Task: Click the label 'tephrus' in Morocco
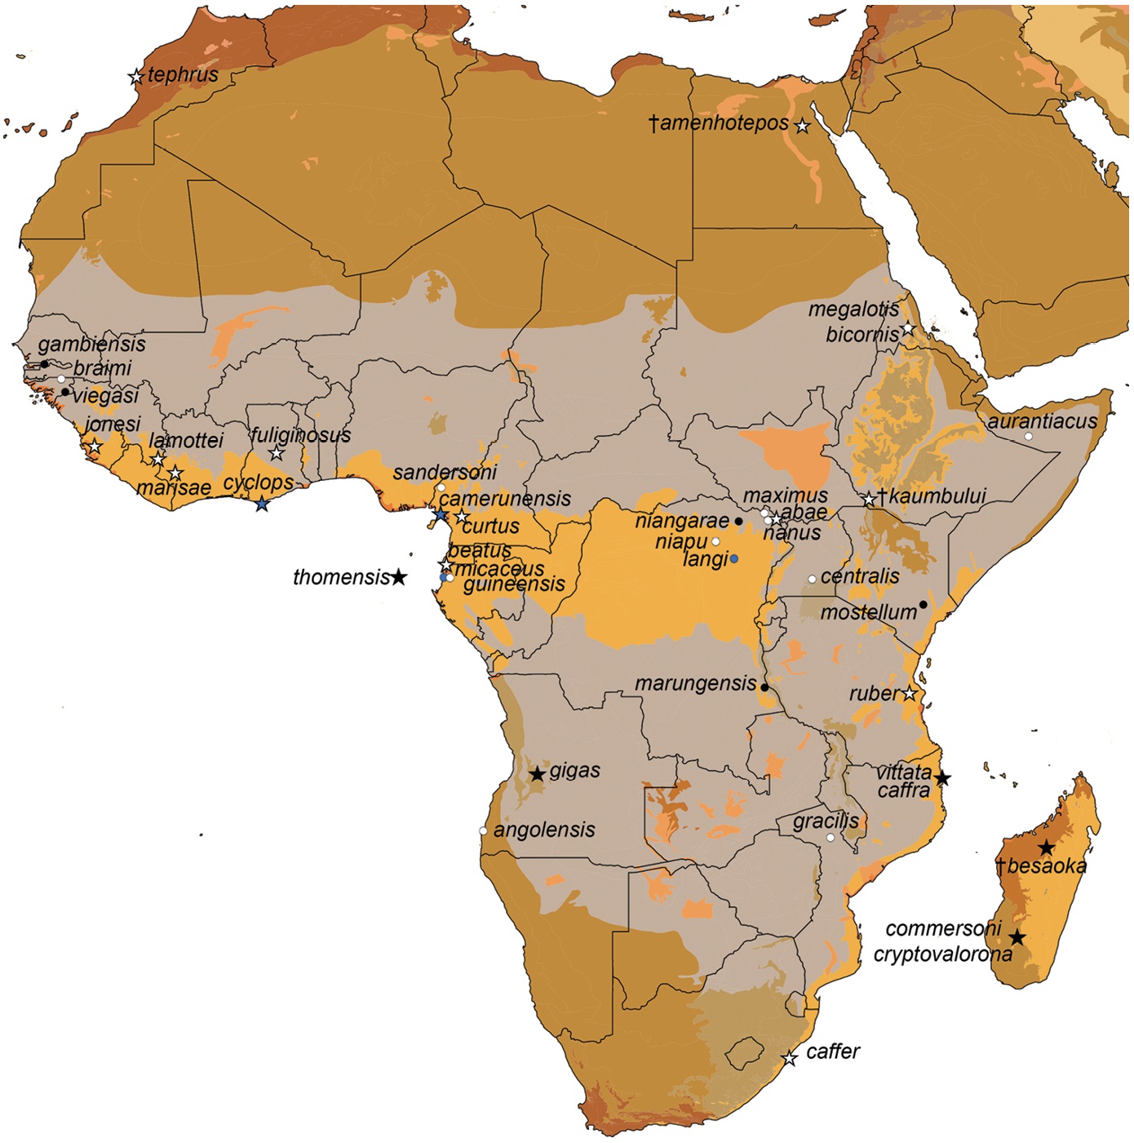(x=183, y=75)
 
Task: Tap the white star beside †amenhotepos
(x=802, y=127)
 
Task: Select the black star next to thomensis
(x=398, y=578)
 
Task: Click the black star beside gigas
(x=538, y=774)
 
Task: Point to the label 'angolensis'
(x=544, y=830)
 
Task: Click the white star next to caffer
(x=790, y=1059)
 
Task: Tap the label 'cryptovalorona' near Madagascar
(x=942, y=954)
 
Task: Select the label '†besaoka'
(x=1041, y=866)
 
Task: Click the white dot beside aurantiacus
(x=1029, y=437)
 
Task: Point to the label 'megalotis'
(x=853, y=310)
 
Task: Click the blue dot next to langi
(x=734, y=559)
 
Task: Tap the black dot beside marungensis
(x=764, y=687)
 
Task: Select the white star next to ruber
(x=910, y=694)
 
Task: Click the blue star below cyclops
(x=261, y=505)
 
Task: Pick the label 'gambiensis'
(x=91, y=345)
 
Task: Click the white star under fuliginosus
(x=277, y=454)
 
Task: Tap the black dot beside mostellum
(x=923, y=605)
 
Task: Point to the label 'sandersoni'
(x=445, y=473)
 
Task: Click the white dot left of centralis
(x=812, y=580)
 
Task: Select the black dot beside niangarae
(x=738, y=521)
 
